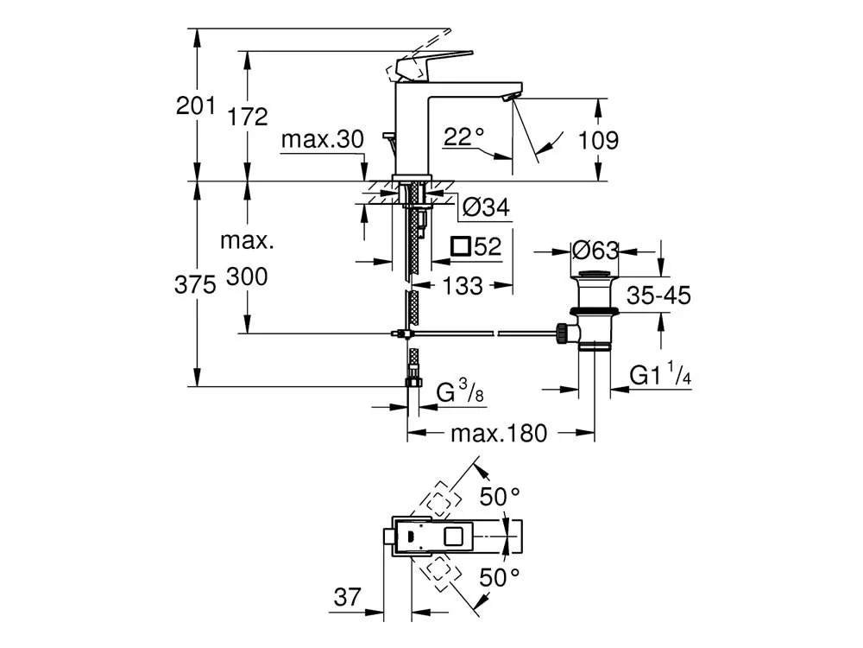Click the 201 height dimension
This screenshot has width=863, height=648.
(x=195, y=105)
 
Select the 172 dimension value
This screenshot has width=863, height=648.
(x=247, y=117)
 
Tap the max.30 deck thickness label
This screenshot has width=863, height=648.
(x=323, y=139)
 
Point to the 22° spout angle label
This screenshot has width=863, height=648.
(x=464, y=137)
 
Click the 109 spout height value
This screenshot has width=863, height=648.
(x=598, y=140)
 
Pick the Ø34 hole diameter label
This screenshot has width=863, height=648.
(x=486, y=207)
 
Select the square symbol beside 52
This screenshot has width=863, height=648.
(x=460, y=245)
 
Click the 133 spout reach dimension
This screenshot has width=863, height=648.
(x=463, y=285)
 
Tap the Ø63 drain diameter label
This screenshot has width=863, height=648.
(x=595, y=251)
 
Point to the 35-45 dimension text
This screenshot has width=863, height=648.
(x=658, y=295)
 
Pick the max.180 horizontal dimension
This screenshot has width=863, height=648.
(x=499, y=434)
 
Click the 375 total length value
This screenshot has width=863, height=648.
(x=195, y=285)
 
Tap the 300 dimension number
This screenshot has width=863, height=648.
(x=247, y=276)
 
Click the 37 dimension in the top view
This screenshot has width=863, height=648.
(x=347, y=597)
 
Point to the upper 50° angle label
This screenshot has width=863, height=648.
(x=500, y=497)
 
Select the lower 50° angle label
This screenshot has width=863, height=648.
(x=500, y=577)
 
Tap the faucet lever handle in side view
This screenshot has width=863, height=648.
(x=435, y=65)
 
